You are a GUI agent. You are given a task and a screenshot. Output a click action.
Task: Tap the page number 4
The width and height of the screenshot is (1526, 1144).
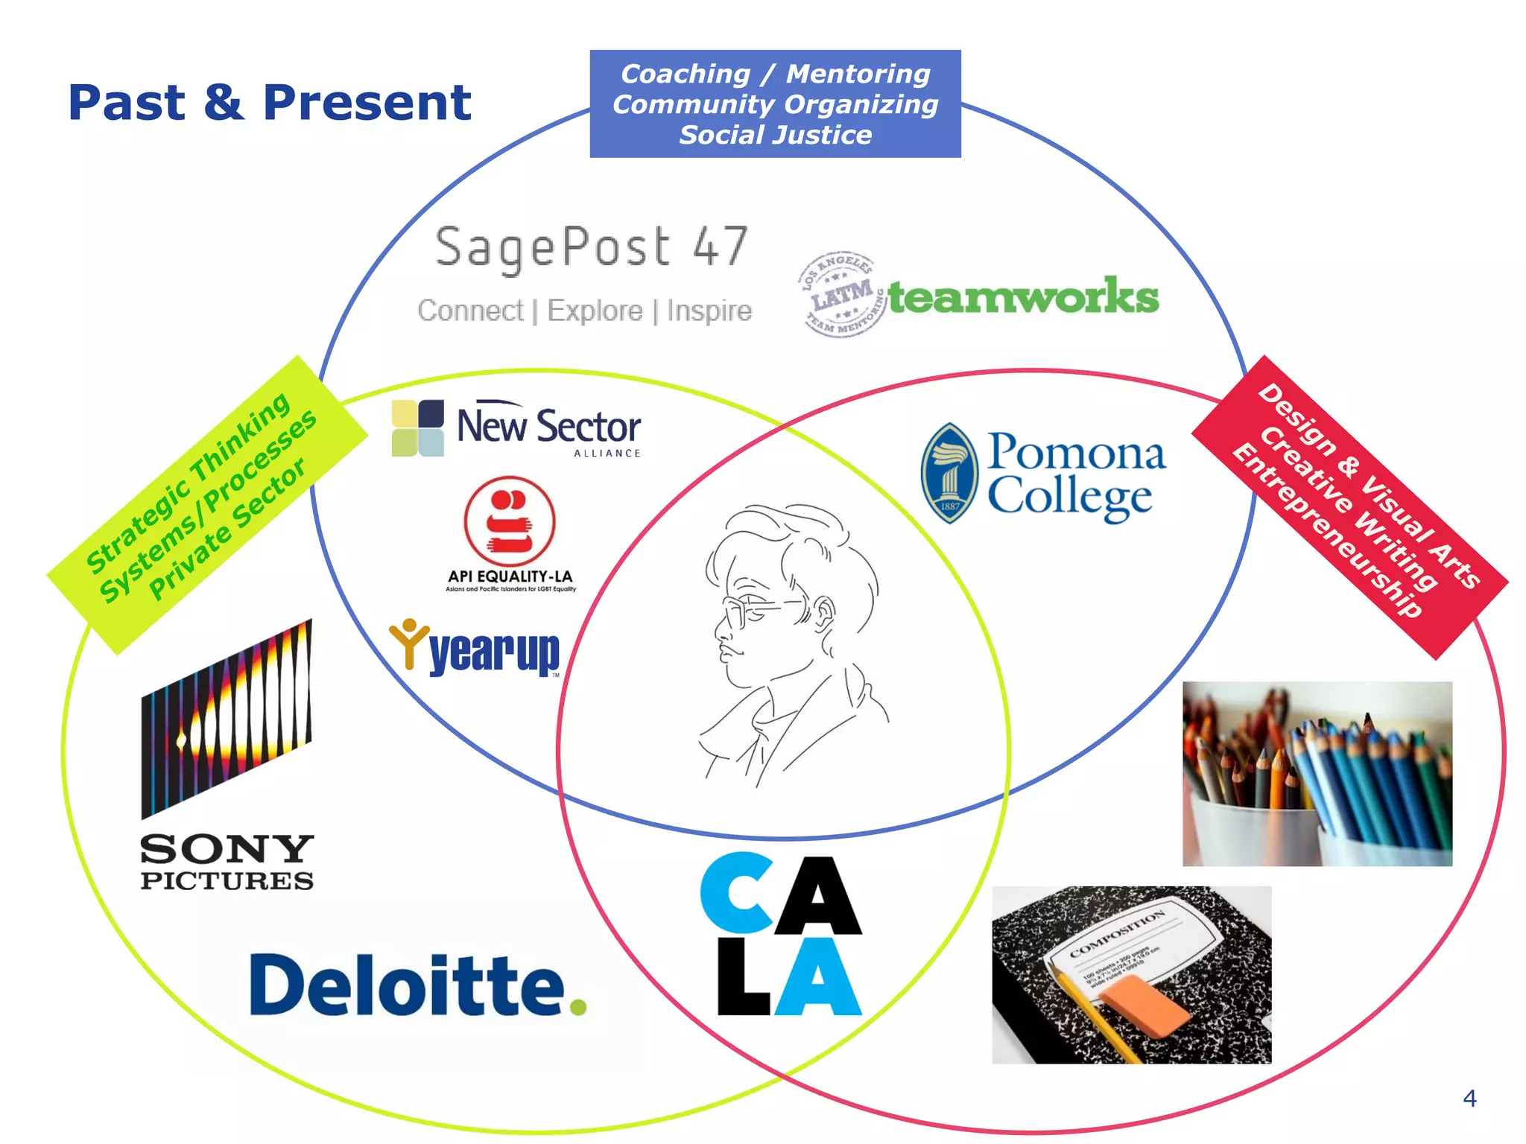(x=1469, y=1098)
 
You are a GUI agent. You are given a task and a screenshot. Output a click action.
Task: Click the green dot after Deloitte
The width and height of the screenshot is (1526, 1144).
(x=577, y=1007)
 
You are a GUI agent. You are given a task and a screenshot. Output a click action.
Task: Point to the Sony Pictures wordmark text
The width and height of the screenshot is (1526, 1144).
(x=227, y=862)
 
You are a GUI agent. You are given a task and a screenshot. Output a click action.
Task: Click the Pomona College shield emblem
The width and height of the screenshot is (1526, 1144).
(x=949, y=474)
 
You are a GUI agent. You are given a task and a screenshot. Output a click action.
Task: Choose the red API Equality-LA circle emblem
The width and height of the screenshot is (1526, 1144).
(x=510, y=521)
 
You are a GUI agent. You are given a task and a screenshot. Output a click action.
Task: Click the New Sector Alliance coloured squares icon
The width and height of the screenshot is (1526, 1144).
(x=417, y=428)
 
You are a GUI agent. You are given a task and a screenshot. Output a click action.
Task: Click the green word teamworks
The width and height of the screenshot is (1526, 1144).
(x=1023, y=296)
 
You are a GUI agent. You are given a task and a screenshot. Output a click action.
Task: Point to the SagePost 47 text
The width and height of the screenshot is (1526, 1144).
(x=591, y=247)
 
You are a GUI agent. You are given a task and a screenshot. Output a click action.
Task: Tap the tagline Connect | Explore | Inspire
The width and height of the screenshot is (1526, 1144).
(x=584, y=311)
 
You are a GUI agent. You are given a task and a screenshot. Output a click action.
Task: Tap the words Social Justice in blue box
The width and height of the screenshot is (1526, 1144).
(x=775, y=135)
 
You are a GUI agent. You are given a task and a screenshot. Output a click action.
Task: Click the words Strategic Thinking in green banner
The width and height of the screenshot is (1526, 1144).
(x=188, y=483)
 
